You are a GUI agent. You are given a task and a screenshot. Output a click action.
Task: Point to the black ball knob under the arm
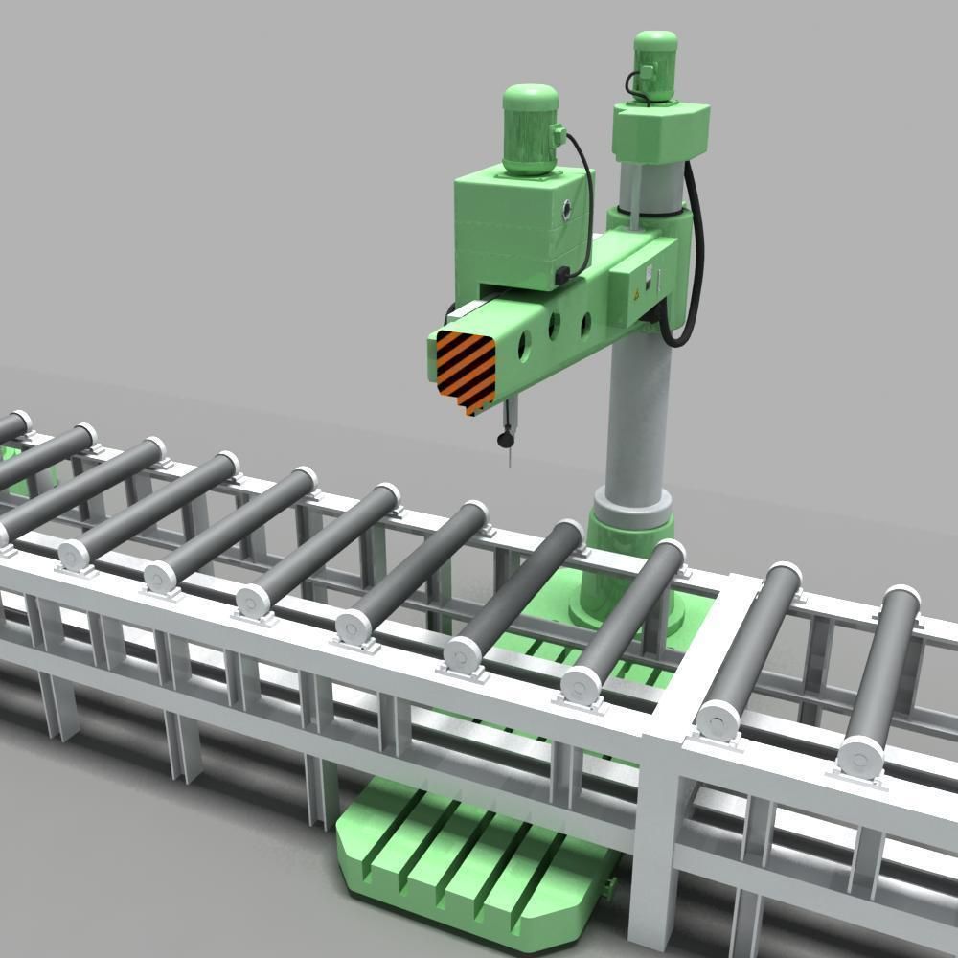pos(504,440)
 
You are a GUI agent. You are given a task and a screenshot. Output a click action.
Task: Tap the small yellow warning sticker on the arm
pos(632,293)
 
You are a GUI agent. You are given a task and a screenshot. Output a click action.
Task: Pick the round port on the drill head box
pos(571,209)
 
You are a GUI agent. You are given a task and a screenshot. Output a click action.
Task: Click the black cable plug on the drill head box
pos(559,277)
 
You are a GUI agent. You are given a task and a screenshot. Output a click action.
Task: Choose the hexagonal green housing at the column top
pos(661,125)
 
